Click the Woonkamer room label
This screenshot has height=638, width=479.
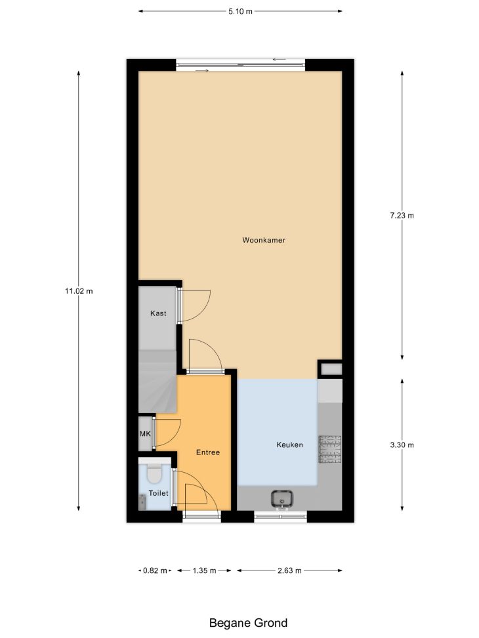(x=264, y=240)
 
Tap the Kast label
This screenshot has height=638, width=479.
(x=158, y=313)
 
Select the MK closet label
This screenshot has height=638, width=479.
(x=145, y=433)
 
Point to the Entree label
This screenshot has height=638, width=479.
(x=208, y=452)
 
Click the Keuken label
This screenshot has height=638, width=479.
(x=289, y=445)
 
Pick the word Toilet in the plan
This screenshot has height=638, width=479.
(x=158, y=493)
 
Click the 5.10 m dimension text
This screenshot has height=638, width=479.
(x=240, y=11)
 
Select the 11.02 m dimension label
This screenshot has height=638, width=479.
(x=79, y=291)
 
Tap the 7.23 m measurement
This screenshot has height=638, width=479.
(x=402, y=216)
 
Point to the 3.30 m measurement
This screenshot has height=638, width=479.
(x=402, y=445)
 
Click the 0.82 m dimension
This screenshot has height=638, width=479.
(x=155, y=570)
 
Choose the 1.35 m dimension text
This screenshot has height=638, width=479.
(x=205, y=570)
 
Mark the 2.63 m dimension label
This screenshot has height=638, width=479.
(x=289, y=570)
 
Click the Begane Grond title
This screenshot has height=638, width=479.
(x=248, y=623)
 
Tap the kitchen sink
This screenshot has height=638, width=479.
(x=281, y=499)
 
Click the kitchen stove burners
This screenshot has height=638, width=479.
(x=329, y=450)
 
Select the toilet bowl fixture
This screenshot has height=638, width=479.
(x=154, y=472)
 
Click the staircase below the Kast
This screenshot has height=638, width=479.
(x=157, y=380)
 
